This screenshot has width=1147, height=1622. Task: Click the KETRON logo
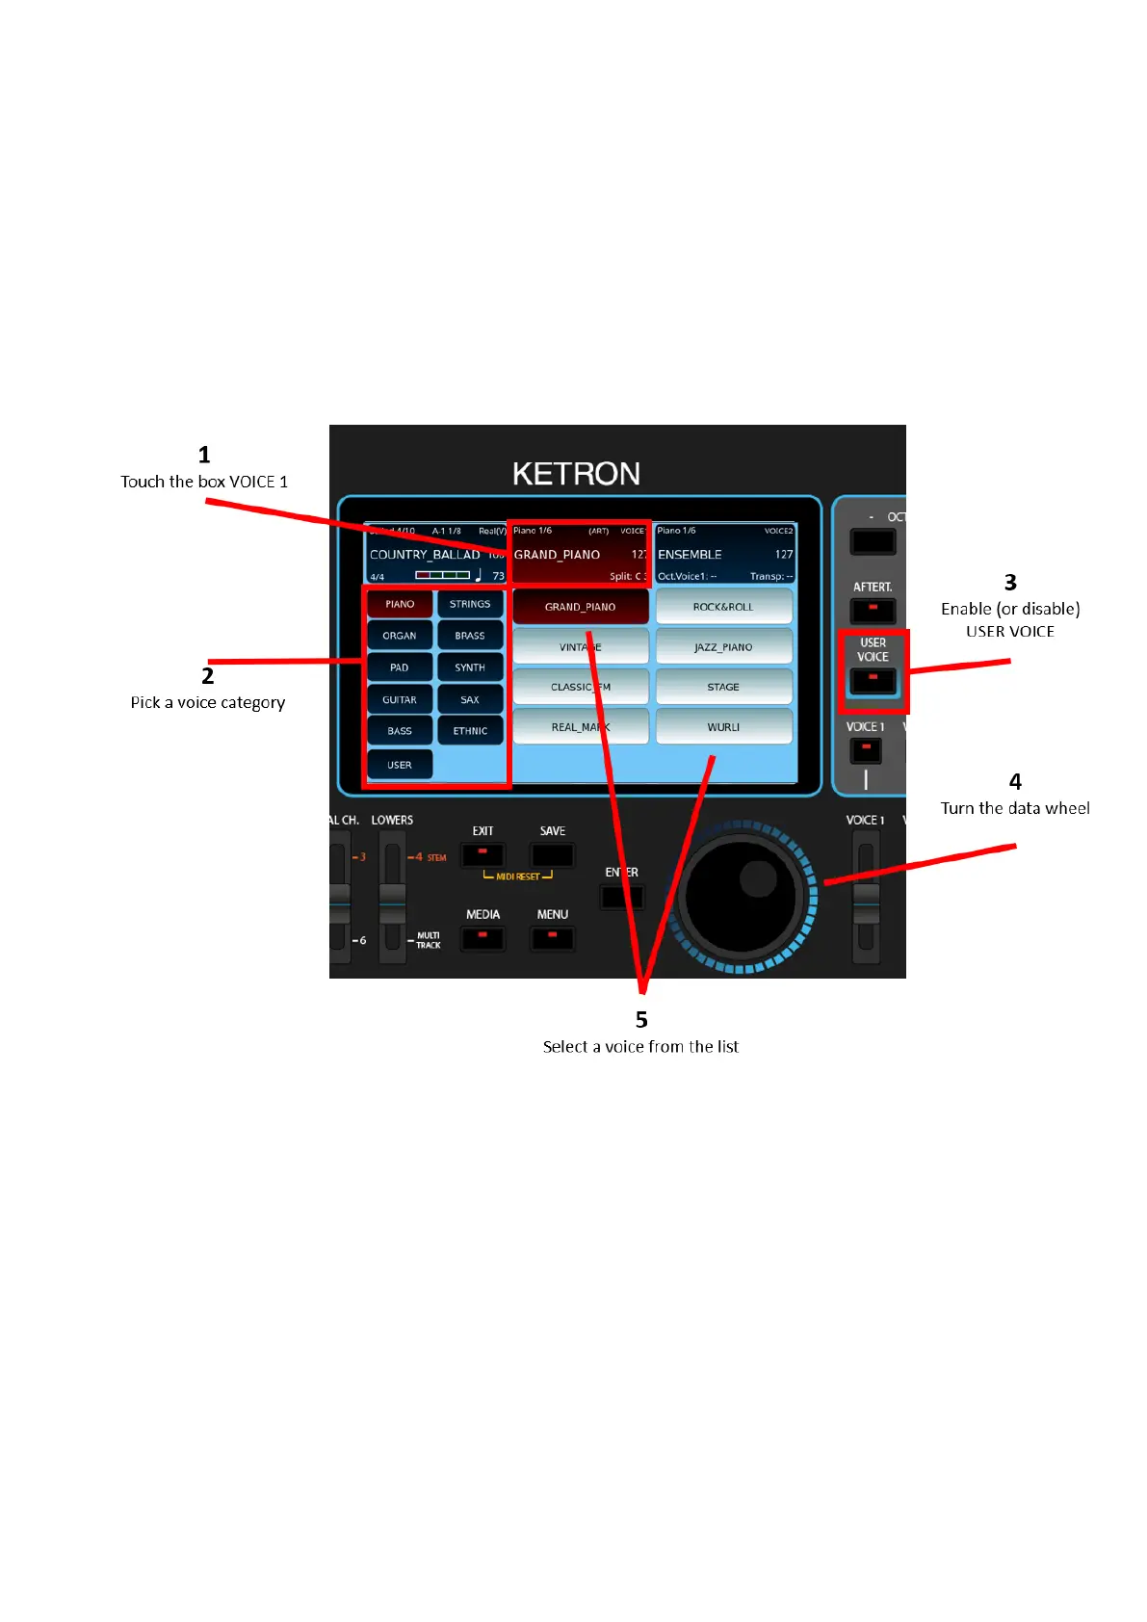point(576,474)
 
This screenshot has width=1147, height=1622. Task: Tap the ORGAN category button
point(400,636)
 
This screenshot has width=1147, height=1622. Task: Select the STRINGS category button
point(470,604)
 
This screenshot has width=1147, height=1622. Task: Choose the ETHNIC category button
point(470,731)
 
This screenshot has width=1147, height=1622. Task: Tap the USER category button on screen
point(400,765)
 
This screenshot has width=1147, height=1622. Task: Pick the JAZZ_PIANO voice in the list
point(723,647)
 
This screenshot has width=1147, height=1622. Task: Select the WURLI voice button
point(723,727)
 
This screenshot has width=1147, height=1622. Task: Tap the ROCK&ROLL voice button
point(723,607)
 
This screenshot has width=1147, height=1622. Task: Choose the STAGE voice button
point(723,687)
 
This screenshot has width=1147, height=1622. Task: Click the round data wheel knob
point(741,897)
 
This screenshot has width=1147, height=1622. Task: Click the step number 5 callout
point(641,1020)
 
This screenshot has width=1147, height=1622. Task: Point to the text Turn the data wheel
point(1015,808)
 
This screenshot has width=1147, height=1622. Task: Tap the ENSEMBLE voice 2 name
point(690,555)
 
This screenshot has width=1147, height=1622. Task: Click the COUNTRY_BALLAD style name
point(425,555)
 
